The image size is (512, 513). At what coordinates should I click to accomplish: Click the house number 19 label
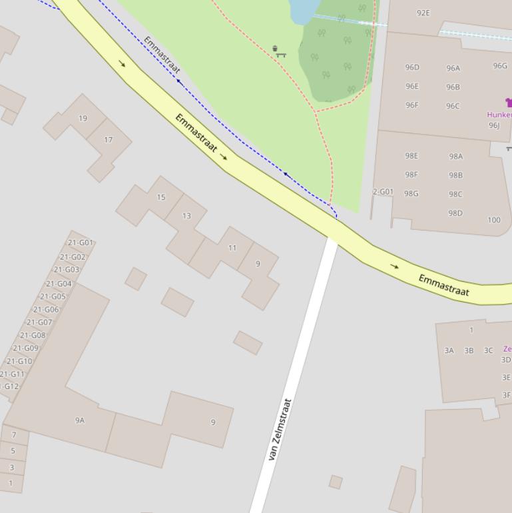pyautogui.click(x=83, y=119)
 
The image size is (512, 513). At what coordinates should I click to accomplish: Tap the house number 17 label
pyautogui.click(x=108, y=140)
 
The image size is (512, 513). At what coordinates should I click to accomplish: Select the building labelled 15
pyautogui.click(x=160, y=197)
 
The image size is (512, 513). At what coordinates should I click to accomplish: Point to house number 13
pyautogui.click(x=186, y=216)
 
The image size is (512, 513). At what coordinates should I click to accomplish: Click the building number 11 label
pyautogui.click(x=232, y=248)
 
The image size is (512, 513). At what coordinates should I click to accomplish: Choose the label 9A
pyautogui.click(x=80, y=420)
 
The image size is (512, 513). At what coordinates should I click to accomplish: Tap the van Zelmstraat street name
pyautogui.click(x=280, y=430)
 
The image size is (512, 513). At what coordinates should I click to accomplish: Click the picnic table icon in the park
pyautogui.click(x=281, y=55)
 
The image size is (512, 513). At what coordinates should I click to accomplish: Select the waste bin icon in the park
pyautogui.click(x=275, y=48)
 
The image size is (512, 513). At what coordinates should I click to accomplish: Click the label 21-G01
pyautogui.click(x=81, y=243)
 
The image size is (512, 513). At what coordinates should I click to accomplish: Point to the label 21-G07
pyautogui.click(x=39, y=322)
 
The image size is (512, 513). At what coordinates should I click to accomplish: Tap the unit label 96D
pyautogui.click(x=412, y=67)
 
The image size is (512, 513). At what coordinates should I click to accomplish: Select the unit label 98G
pyautogui.click(x=411, y=194)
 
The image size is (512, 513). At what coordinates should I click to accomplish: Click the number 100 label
pyautogui.click(x=493, y=220)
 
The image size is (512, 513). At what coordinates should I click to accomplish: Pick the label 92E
pyautogui.click(x=423, y=13)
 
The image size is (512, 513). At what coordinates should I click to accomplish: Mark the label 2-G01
pyautogui.click(x=383, y=192)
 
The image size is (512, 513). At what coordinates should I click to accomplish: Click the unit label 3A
pyautogui.click(x=449, y=350)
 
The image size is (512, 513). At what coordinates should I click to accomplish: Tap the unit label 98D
pyautogui.click(x=455, y=213)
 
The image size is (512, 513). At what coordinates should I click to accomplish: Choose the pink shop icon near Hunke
pyautogui.click(x=509, y=103)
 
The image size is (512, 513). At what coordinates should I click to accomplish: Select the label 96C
pyautogui.click(x=453, y=106)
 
